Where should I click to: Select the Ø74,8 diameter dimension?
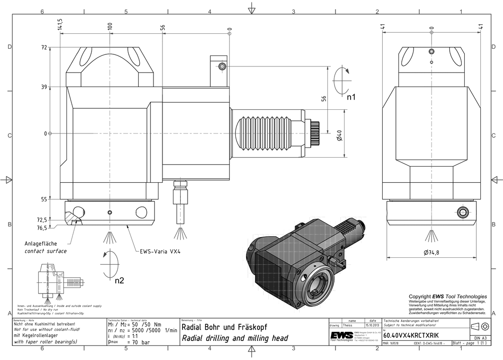coord(431,252)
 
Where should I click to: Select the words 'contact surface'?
coord(45,251)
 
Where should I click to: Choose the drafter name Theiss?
coord(348,326)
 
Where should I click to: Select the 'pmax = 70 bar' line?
coord(129,342)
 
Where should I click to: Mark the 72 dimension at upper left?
coord(44,47)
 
